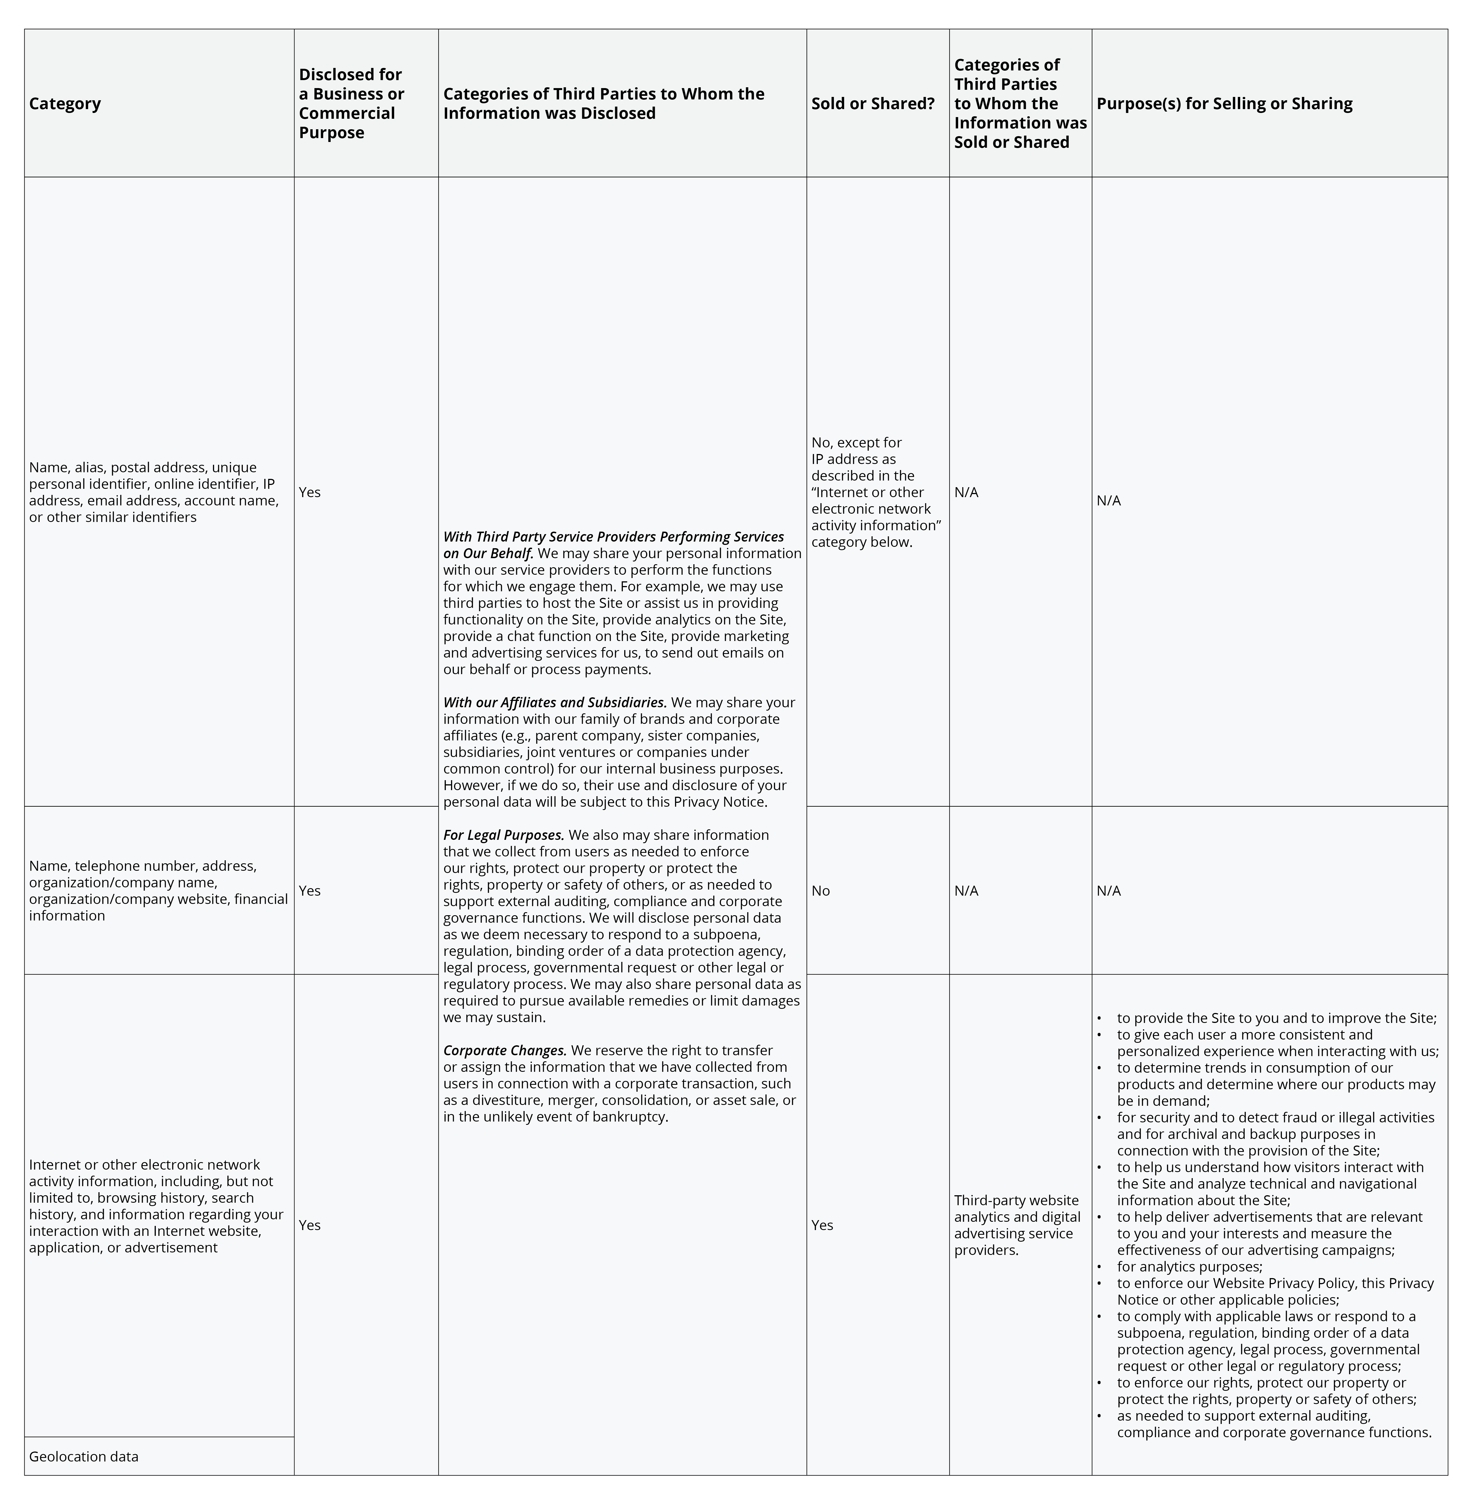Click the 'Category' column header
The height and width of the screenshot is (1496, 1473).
(65, 104)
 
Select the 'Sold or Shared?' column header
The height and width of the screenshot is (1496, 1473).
(873, 104)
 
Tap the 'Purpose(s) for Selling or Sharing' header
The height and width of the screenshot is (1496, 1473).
(1224, 104)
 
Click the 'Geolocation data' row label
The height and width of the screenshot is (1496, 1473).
(84, 1456)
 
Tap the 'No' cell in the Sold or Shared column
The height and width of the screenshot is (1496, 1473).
(821, 890)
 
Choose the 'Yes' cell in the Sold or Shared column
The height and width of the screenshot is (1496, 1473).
(822, 1225)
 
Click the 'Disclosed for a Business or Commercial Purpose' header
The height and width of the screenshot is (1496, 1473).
(351, 104)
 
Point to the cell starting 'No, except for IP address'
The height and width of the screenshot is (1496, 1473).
(876, 492)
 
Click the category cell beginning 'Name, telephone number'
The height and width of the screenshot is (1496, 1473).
(158, 890)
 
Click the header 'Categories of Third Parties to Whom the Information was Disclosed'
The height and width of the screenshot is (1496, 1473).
(604, 104)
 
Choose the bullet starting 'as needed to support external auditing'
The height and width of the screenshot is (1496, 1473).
(1273, 1423)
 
